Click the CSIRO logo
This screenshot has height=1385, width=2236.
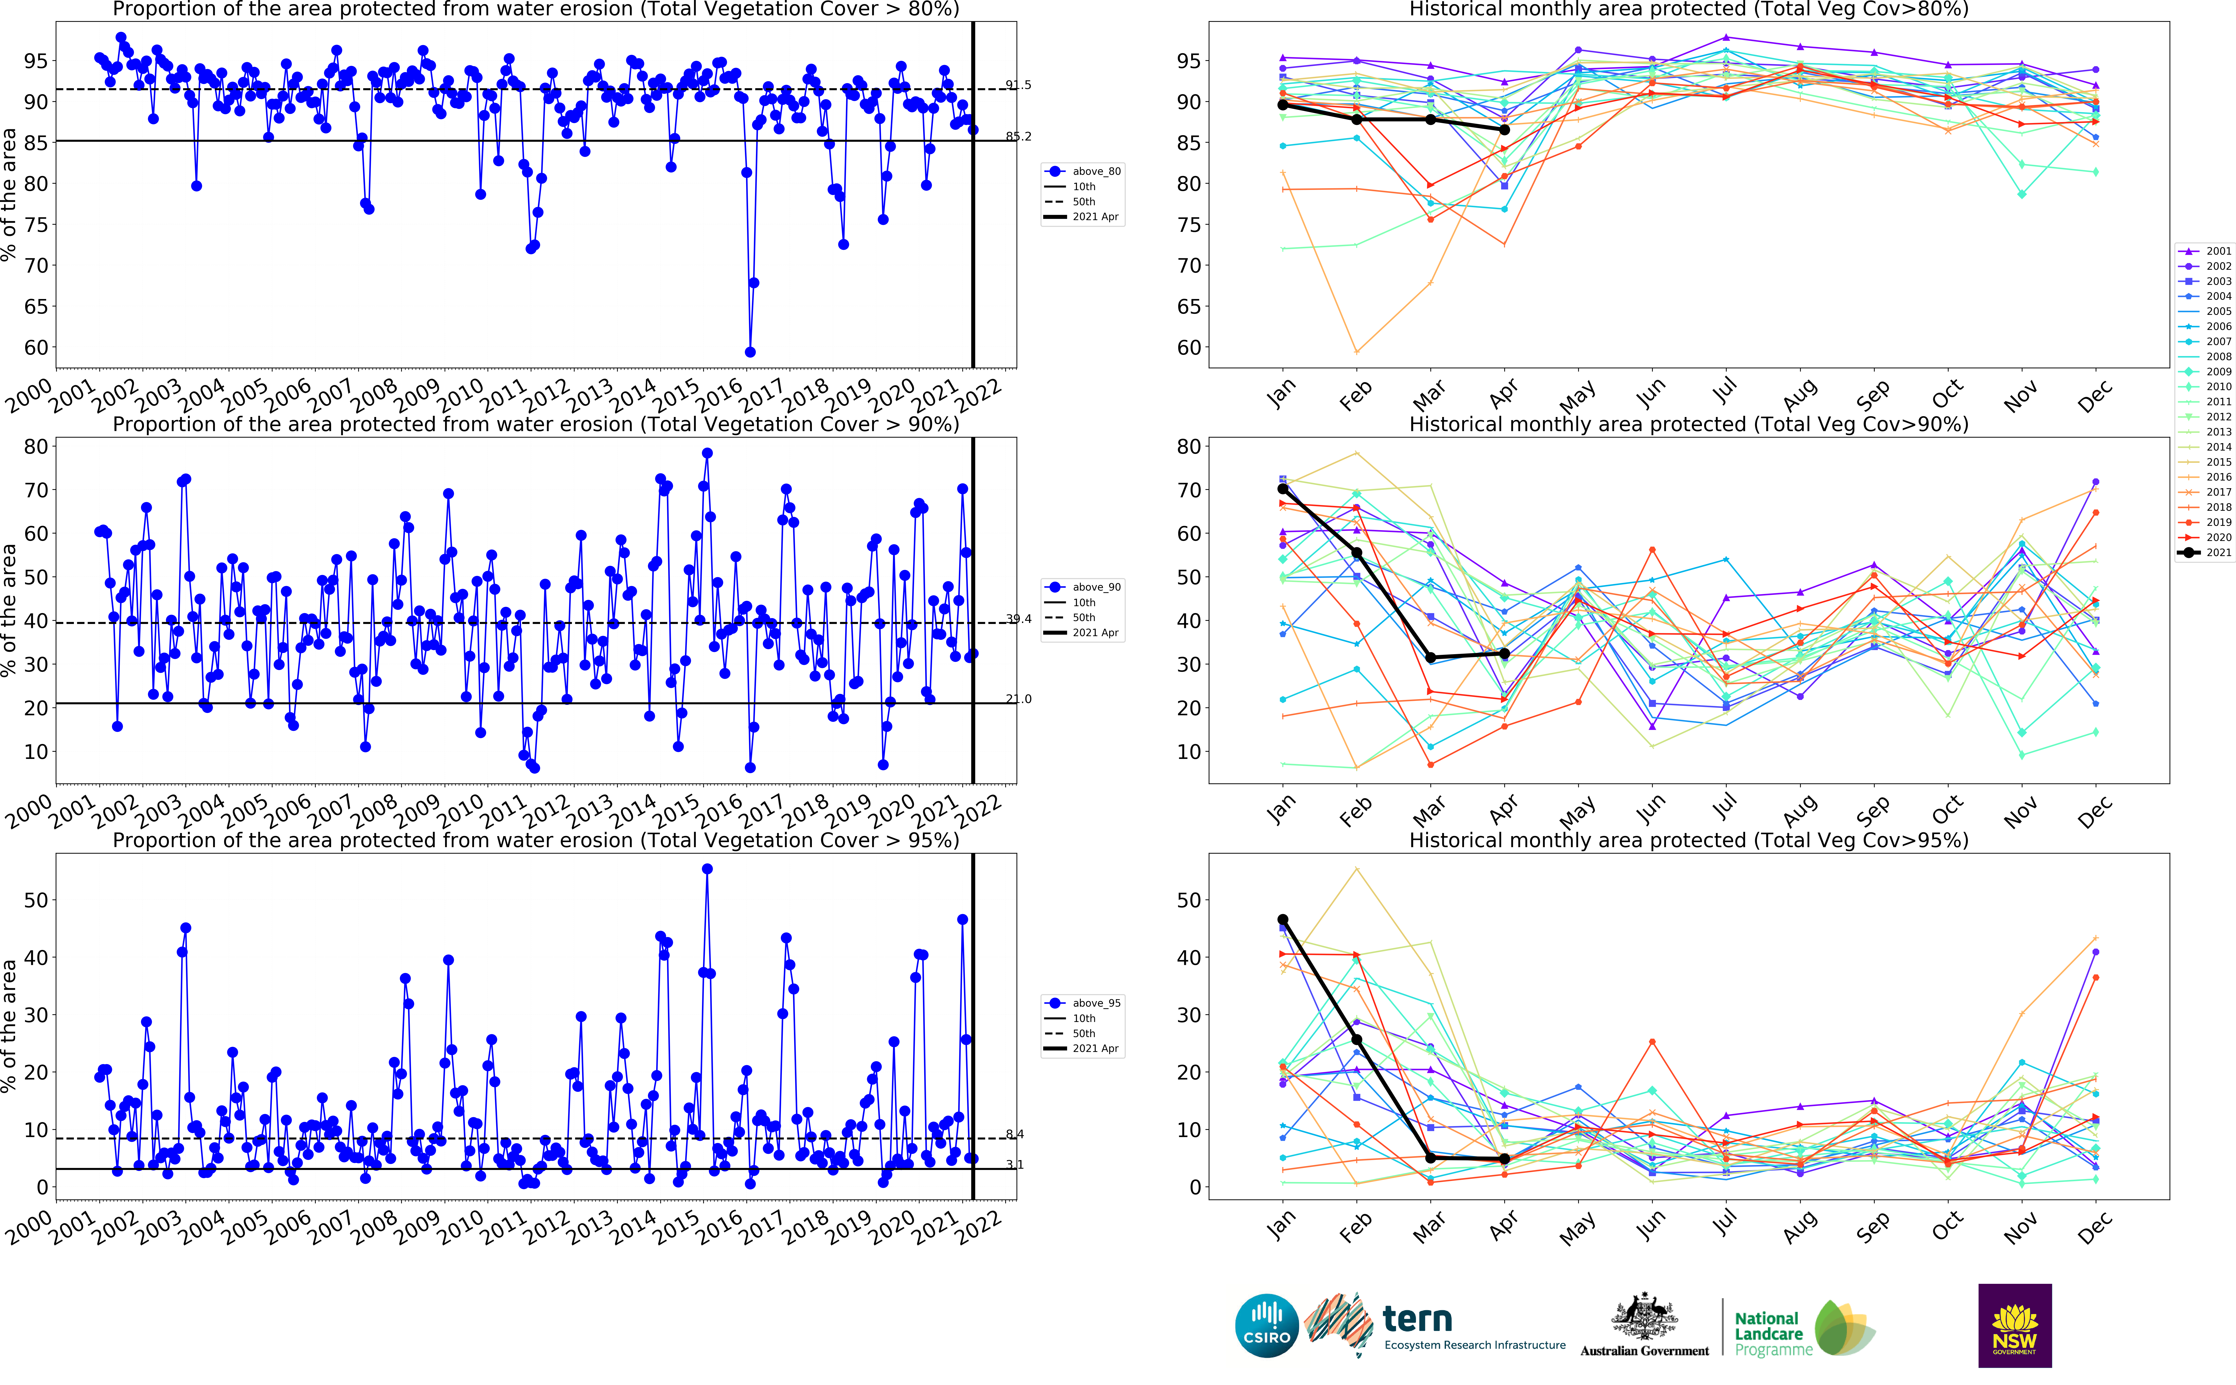[1267, 1326]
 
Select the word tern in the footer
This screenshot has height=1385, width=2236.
[1417, 1319]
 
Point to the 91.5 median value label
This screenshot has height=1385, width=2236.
[1018, 85]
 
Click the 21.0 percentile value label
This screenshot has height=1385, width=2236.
[1018, 699]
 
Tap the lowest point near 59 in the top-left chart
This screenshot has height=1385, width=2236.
[749, 352]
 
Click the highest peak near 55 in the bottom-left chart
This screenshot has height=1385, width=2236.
[707, 869]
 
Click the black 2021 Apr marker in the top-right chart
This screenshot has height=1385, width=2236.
[1504, 130]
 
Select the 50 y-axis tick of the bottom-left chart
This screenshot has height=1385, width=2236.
[36, 900]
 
